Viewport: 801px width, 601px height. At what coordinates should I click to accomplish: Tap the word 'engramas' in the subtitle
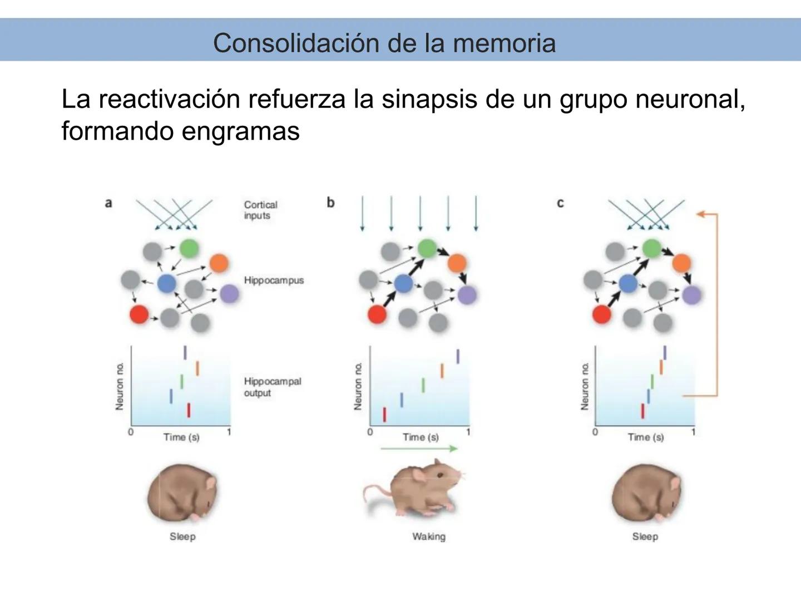pos(240,131)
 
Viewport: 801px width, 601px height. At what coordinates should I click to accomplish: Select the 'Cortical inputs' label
pos(260,210)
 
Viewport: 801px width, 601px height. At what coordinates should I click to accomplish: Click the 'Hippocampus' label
pos(274,280)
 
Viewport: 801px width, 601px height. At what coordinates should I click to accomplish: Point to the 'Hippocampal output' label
pos(272,387)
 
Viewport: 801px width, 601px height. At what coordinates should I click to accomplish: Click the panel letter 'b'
pos(330,203)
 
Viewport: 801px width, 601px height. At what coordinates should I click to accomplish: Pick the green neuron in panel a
pos(189,248)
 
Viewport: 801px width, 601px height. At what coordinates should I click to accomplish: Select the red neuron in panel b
pos(377,314)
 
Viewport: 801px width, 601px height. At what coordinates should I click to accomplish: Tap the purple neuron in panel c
pos(691,295)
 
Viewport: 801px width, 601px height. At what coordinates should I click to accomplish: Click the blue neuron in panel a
pos(166,283)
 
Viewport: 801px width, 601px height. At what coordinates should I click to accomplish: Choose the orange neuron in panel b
pos(457,263)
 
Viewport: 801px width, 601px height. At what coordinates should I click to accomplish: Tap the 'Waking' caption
pos(428,536)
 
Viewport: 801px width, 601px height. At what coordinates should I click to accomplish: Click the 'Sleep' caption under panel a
pos(182,536)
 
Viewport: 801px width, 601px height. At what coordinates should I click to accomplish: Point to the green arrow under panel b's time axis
pos(419,449)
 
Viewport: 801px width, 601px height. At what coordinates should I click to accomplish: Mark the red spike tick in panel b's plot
pos(384,415)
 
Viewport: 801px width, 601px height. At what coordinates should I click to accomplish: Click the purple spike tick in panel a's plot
pos(185,352)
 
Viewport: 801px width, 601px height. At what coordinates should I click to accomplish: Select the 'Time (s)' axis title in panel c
pos(645,437)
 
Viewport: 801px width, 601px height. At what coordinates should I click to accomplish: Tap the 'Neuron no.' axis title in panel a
pos(120,386)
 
